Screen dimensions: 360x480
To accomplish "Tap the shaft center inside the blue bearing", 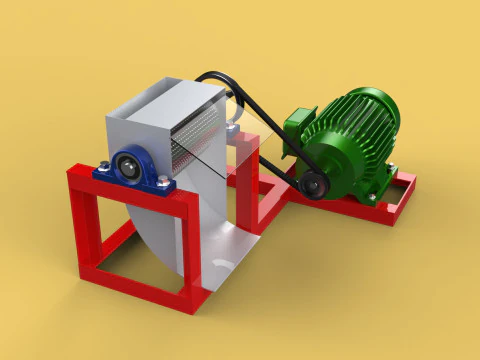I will click(131, 163).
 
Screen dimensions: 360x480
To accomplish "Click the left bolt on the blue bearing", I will click(105, 166).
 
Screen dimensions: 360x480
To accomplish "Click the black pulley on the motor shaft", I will click(314, 184).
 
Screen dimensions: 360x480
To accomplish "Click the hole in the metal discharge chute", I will click(221, 262).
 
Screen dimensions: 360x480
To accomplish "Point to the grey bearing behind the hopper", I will click(233, 129).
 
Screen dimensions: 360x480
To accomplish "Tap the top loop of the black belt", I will click(215, 76).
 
